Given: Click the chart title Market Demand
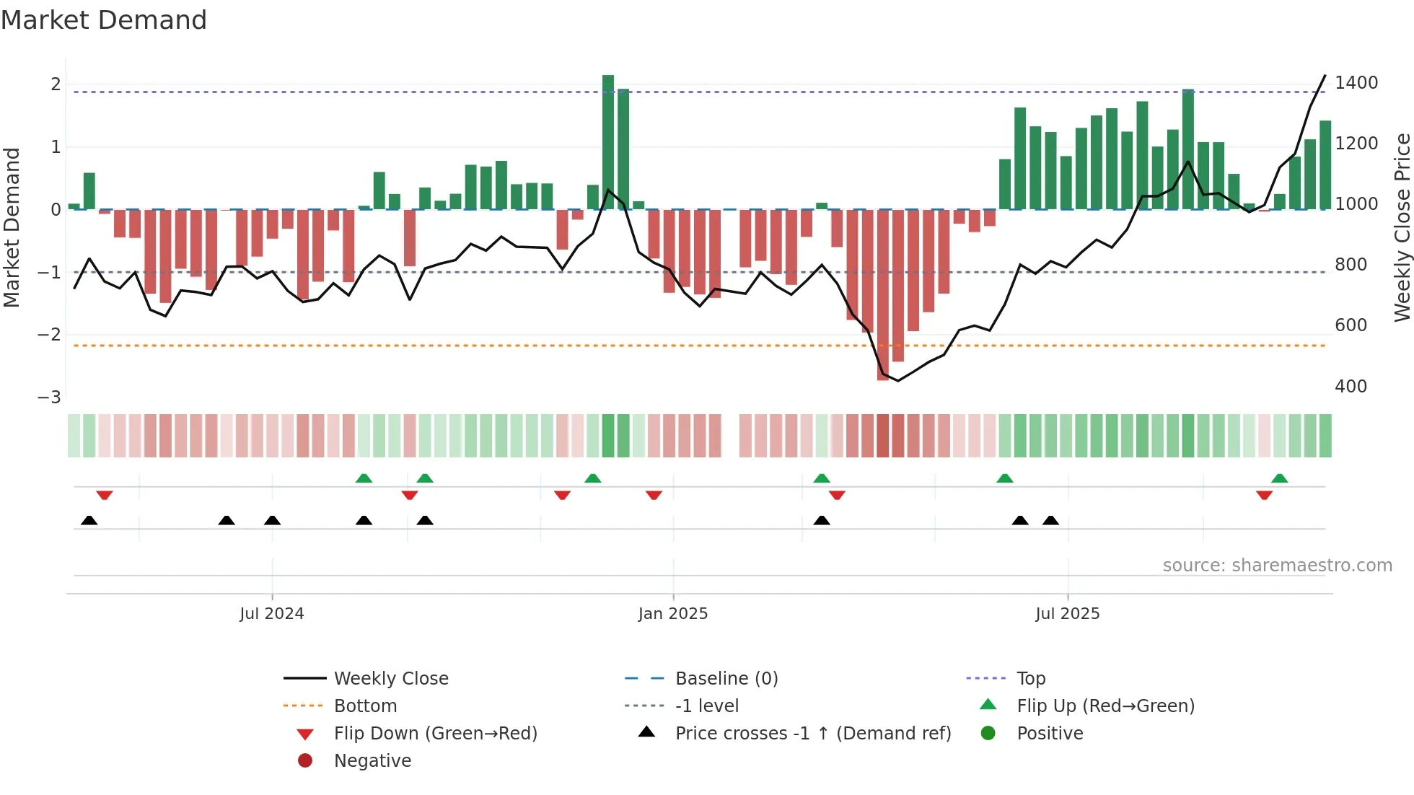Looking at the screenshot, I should coord(104,20).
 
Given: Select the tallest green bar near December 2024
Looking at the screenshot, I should coord(608,141).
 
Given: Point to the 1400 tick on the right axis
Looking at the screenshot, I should coord(1356,83).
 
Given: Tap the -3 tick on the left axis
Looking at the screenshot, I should coord(50,397).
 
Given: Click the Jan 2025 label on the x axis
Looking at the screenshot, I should coord(673,614).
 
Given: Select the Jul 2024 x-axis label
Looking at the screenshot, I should coord(272,614).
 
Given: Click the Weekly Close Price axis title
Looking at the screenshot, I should coord(1402,227).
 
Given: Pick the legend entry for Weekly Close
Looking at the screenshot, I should coord(390,679).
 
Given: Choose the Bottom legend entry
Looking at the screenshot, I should coord(365,706).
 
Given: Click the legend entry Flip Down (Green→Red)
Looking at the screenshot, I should coord(435,734).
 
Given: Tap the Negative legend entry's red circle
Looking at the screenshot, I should coord(305,761).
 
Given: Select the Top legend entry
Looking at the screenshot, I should coord(1031,679).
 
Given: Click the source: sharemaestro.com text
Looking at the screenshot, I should coord(1277,566).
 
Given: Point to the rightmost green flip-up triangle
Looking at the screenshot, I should coord(1279,478).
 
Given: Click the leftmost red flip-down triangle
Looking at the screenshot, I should coord(105,495).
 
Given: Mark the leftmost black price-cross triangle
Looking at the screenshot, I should coord(89,520).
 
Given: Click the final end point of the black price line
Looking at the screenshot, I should coord(1325,76).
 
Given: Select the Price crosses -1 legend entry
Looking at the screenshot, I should coord(812,734).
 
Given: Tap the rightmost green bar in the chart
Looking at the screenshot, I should coord(1325,165).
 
